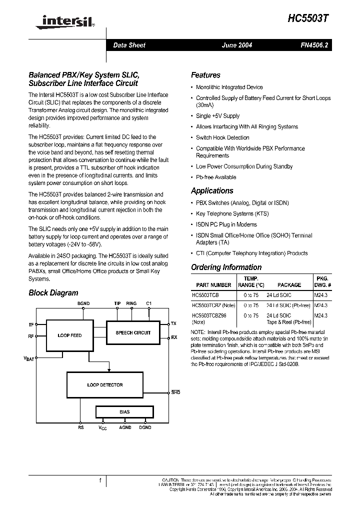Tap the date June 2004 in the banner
click(x=237, y=45)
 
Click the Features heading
click(x=205, y=75)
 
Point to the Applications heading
click(x=212, y=190)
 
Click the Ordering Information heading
click(x=226, y=267)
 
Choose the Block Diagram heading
click(x=53, y=292)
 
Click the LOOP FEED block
click(x=70, y=335)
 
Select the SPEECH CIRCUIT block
click(x=133, y=332)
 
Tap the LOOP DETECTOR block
click(x=105, y=385)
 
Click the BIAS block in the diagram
click(x=124, y=412)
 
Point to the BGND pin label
click(x=83, y=303)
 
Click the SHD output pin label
click(x=175, y=392)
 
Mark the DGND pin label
click(x=145, y=427)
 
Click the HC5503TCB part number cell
click(x=205, y=295)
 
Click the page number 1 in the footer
click(x=100, y=481)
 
